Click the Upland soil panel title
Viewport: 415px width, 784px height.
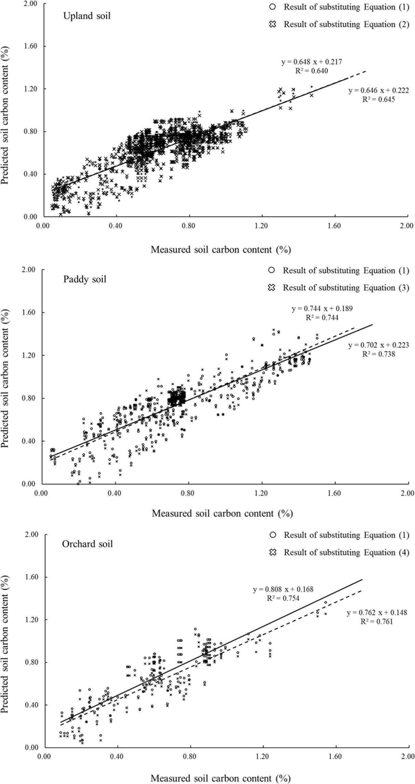(x=87, y=16)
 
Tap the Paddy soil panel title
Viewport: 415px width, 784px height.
(x=85, y=279)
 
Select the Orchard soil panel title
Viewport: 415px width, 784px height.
(x=87, y=544)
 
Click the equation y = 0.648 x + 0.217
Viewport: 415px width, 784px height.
(x=311, y=62)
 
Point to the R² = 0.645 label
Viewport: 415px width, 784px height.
(x=378, y=100)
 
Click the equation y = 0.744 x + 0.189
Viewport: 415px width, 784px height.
(x=322, y=308)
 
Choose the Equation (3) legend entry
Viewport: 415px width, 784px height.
(x=346, y=288)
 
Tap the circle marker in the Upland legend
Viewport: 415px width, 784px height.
(x=272, y=7)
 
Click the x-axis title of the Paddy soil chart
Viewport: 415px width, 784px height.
(x=222, y=513)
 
